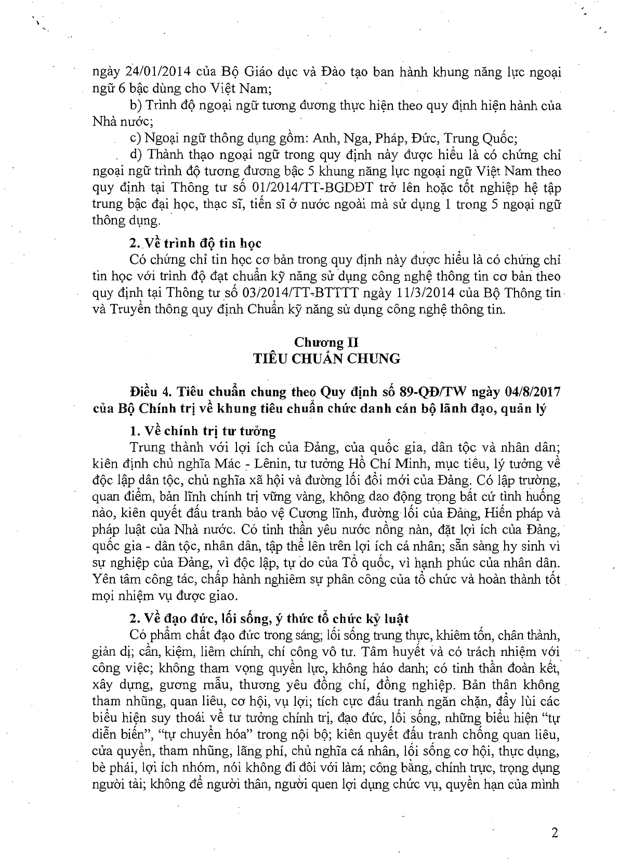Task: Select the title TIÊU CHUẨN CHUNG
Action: coord(326,358)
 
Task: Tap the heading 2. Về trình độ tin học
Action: coord(195,243)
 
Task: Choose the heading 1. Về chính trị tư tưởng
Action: coord(203,431)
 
